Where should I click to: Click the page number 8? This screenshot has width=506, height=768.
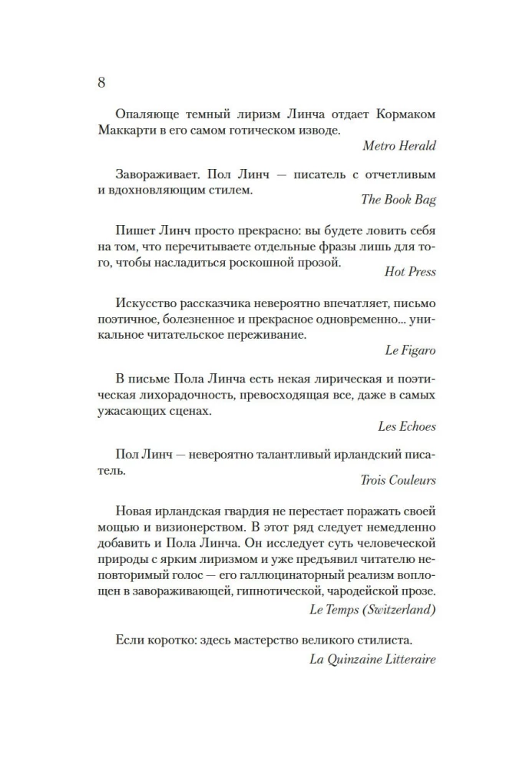pos(102,82)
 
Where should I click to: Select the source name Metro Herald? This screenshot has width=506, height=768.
pos(400,145)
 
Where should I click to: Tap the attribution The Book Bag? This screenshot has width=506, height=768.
pos(399,200)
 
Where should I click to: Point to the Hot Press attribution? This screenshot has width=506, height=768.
pos(409,271)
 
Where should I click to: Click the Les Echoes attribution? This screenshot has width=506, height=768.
pos(407,425)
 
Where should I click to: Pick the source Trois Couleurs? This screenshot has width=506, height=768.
pos(398,480)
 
